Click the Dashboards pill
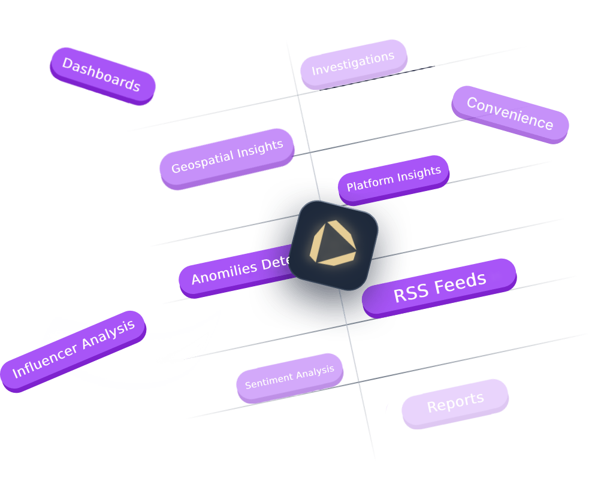click(102, 75)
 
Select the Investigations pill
click(354, 63)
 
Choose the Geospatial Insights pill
click(227, 157)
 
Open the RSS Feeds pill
click(439, 287)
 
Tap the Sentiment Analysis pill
click(289, 377)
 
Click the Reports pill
click(455, 403)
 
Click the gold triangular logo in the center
click(333, 244)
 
